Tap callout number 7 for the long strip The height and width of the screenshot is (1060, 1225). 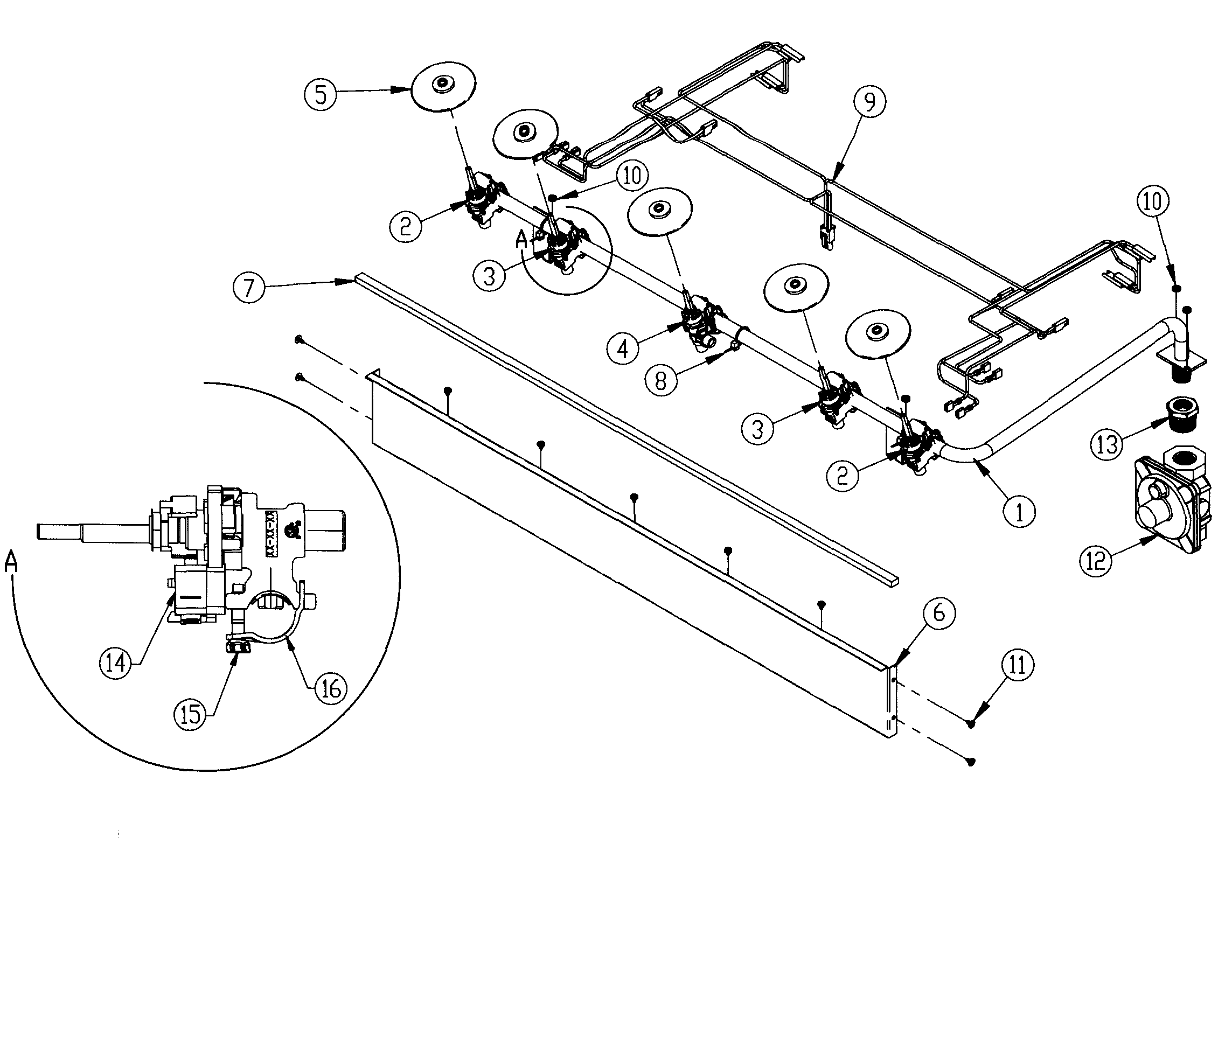248,288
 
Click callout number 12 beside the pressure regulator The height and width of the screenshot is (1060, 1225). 1096,560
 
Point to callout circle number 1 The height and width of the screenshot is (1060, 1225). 1019,512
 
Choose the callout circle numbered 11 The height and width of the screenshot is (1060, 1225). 1018,665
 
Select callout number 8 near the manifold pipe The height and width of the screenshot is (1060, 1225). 660,380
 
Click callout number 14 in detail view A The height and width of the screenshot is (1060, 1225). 115,663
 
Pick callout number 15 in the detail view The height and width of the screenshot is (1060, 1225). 190,715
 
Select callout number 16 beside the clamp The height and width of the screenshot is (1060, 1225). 331,687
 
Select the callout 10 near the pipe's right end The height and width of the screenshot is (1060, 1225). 1152,201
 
